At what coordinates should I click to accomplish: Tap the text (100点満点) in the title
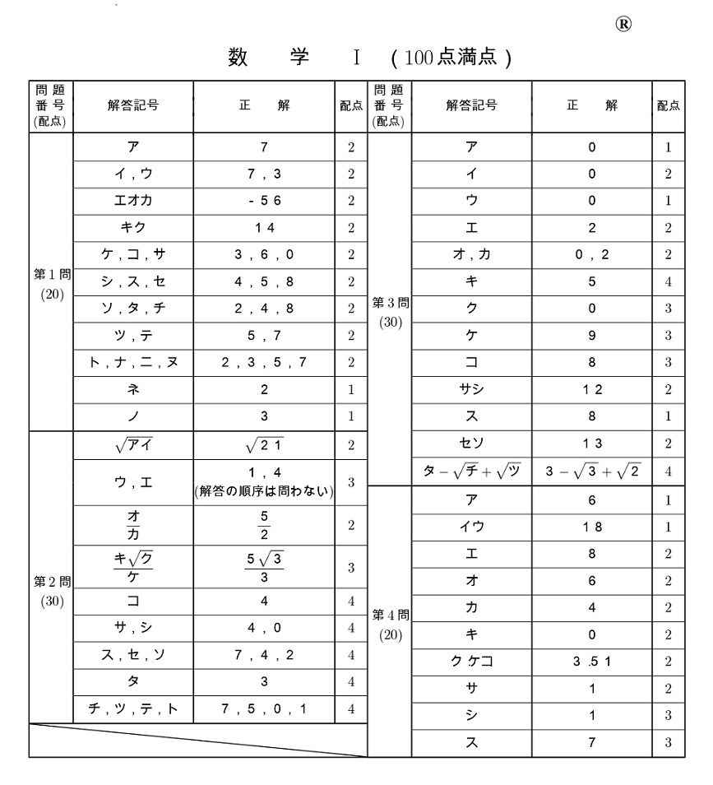451,60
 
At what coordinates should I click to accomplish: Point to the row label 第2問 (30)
51,590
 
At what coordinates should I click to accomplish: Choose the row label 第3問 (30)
389,312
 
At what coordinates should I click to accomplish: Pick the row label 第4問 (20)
389,624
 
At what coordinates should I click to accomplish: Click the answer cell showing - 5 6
263,201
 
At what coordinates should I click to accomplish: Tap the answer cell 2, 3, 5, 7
263,362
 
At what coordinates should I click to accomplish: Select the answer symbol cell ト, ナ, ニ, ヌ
133,362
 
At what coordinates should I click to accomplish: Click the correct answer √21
263,446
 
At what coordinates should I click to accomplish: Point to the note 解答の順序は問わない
263,493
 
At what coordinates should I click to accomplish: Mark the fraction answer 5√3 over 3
263,566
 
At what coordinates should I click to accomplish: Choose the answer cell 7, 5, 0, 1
263,708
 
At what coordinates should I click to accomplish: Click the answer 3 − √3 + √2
591,471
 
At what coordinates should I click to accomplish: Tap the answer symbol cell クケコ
471,662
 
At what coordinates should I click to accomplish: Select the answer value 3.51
591,662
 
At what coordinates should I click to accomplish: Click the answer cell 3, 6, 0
263,255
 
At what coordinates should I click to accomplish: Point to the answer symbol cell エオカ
133,201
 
